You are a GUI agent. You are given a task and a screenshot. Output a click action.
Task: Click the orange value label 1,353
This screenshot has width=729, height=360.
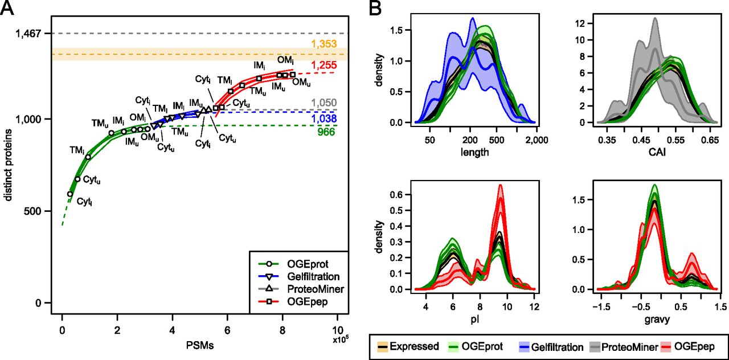coord(324,44)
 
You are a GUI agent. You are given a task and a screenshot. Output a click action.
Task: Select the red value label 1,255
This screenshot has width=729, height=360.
coord(324,66)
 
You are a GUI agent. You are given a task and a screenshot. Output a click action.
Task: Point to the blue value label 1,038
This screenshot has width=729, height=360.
coord(324,119)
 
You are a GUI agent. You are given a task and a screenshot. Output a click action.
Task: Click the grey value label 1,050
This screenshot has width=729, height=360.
coord(324,103)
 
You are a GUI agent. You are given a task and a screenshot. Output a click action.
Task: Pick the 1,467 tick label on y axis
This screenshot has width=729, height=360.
coord(28,34)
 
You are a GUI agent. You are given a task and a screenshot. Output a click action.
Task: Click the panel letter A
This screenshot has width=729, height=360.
coord(7,9)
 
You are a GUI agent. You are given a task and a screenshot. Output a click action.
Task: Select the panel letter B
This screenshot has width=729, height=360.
coord(375,9)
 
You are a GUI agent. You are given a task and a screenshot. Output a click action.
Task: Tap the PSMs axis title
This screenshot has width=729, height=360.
coord(200,345)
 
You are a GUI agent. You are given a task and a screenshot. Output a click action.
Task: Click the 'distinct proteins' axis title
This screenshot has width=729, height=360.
coord(8,165)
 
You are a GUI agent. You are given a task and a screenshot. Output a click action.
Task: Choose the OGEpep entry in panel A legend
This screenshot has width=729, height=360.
coord(307,302)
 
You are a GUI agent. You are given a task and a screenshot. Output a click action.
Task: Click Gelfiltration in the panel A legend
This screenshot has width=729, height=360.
coord(313,277)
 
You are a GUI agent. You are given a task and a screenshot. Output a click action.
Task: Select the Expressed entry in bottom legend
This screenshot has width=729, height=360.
coord(414,346)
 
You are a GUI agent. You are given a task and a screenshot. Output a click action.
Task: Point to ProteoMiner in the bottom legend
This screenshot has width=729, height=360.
coord(630,347)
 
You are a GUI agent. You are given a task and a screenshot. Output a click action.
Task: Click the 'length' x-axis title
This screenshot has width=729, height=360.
coord(475,152)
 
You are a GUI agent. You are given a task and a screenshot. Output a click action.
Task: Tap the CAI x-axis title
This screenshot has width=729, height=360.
coord(657,152)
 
